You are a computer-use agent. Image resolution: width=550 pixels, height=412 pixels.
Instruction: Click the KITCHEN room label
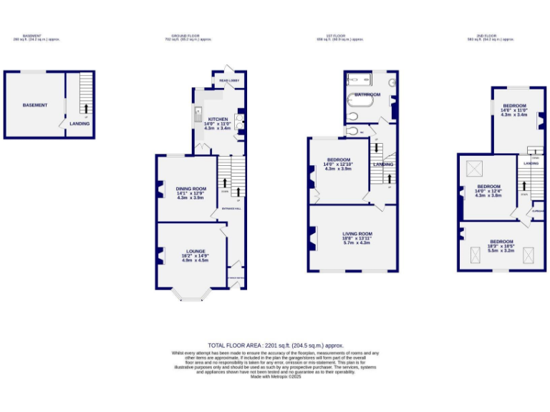(x=218, y=119)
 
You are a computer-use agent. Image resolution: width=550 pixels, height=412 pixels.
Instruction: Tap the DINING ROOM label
(x=190, y=189)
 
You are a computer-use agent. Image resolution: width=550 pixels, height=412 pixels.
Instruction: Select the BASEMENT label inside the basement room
(x=35, y=105)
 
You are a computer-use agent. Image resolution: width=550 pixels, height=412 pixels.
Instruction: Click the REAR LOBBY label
(x=228, y=80)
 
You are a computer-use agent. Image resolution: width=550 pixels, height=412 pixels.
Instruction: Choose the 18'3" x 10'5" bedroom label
(x=501, y=242)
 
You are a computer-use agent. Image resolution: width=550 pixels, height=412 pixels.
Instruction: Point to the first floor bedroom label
(x=339, y=160)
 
